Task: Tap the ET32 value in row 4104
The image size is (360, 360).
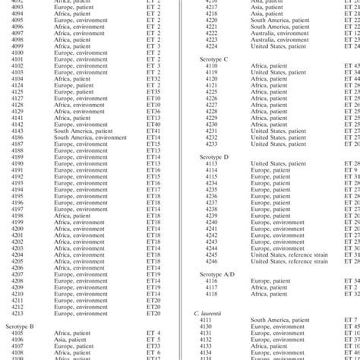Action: click(153, 78)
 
